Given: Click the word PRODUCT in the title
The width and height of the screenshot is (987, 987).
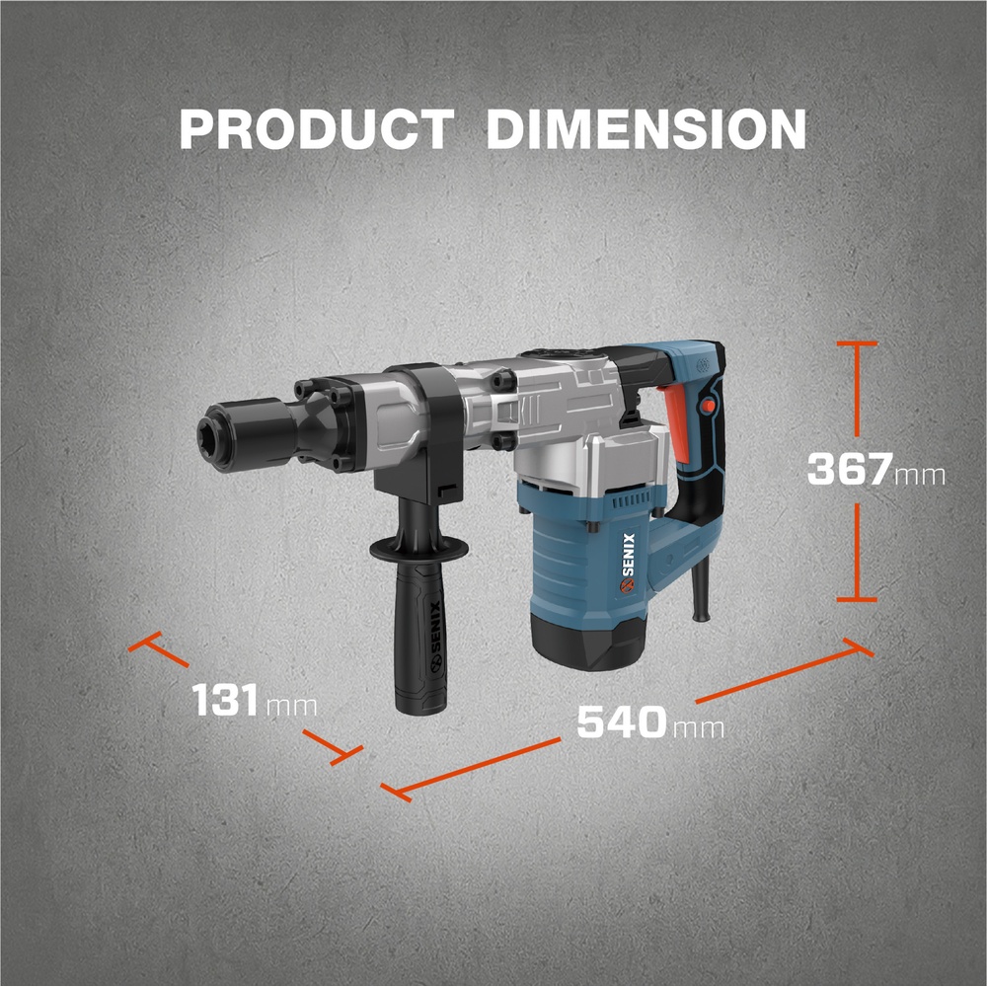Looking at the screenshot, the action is pyautogui.click(x=317, y=129).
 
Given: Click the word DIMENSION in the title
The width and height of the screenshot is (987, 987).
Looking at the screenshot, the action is pyautogui.click(x=646, y=129).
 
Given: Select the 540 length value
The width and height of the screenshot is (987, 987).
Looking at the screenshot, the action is pyautogui.click(x=622, y=721).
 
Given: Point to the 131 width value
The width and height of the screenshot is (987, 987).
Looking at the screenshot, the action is pyautogui.click(x=225, y=700).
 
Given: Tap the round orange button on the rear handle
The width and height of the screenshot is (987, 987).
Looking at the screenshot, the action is pyautogui.click(x=708, y=406).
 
